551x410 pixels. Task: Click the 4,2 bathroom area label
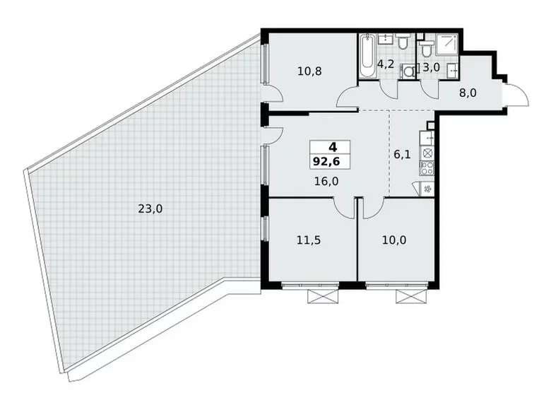[x=386, y=64]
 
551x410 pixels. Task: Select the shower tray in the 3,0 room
[x=447, y=43]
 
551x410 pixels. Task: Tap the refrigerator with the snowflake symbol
[x=426, y=189]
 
